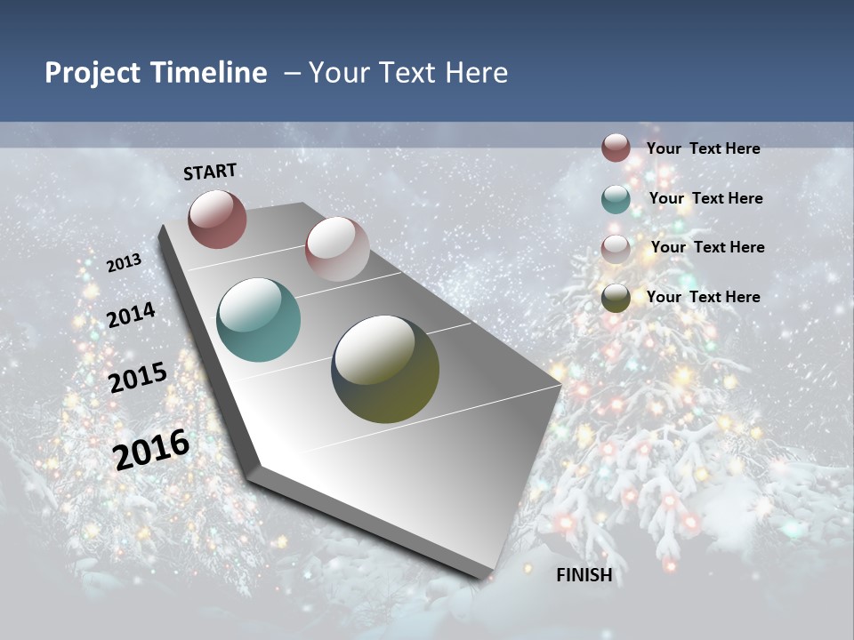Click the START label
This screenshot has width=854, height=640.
pos(210,172)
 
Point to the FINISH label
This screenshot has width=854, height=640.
pos(584,575)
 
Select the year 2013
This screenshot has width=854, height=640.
pos(124,263)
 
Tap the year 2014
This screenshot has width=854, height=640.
pos(131,316)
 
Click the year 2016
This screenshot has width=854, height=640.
pos(151,450)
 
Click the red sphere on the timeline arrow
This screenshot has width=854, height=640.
pos(217,219)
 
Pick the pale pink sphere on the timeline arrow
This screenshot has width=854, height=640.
pos(337,249)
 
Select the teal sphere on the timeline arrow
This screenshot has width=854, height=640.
pos(258,320)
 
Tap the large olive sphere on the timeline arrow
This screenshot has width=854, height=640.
pos(385,369)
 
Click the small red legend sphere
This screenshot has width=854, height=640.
pos(616,148)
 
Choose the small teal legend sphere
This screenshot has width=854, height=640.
pos(616,199)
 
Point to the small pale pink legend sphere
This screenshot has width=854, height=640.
pos(616,249)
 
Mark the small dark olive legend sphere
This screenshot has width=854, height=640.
pos(616,298)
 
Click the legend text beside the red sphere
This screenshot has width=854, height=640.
pos(703,148)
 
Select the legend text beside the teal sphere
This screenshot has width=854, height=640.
pos(705,198)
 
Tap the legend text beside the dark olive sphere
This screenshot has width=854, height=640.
pos(703,297)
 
